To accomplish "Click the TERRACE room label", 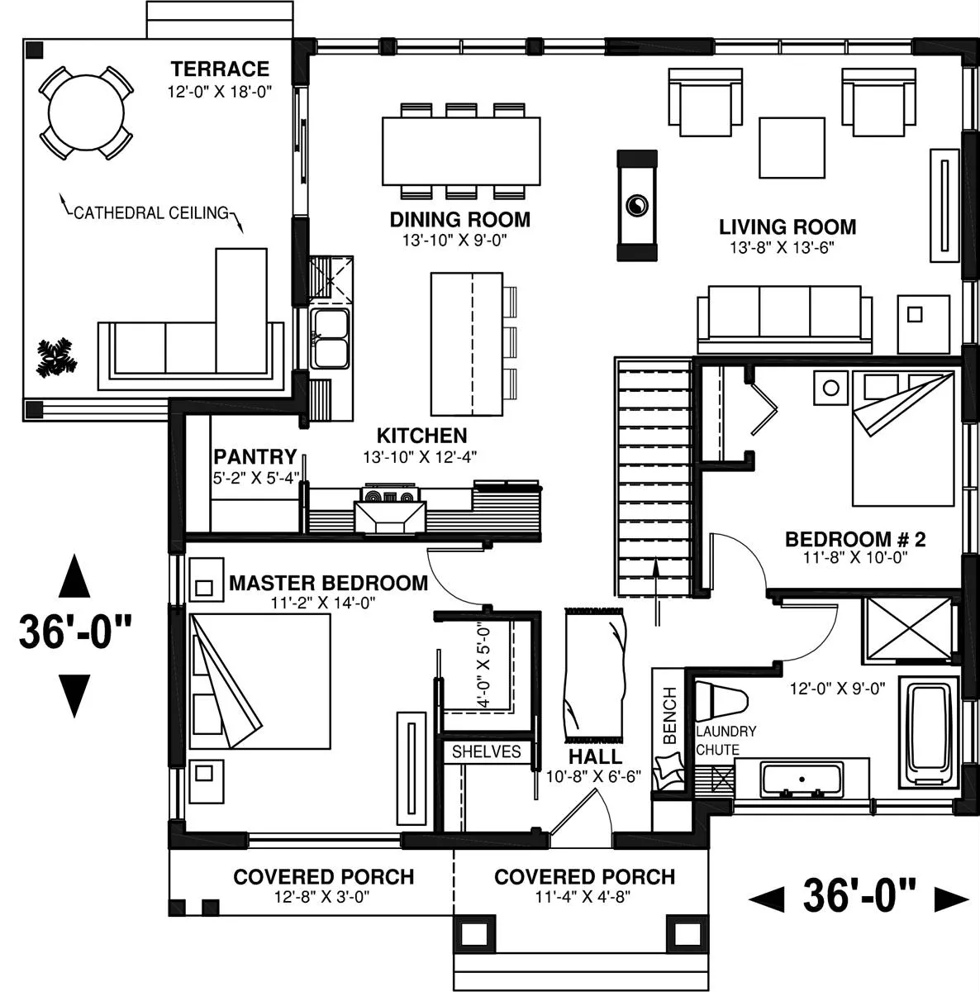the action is coord(220,69).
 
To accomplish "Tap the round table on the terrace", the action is coord(86,112).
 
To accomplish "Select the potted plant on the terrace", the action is coord(56,357).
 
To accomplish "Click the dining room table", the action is coord(460,150).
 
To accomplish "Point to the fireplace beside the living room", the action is coord(637,205).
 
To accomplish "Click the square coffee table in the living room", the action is coord(792,148).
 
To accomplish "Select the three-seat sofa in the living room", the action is coord(784,319).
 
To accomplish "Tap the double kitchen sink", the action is coord(330,338).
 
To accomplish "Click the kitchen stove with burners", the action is coord(390,494).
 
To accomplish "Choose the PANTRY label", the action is coord(255,456).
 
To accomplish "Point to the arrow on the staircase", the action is coord(656,592).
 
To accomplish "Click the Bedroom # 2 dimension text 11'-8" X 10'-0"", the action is coord(855,557).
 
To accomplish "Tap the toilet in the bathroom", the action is coord(720,701).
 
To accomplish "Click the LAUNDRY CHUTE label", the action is coord(725,740).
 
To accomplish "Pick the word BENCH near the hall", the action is coord(669,715).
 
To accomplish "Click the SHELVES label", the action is coord(487,751).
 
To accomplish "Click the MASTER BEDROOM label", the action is coord(328,583).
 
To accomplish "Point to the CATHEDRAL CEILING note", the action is coord(151,212).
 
